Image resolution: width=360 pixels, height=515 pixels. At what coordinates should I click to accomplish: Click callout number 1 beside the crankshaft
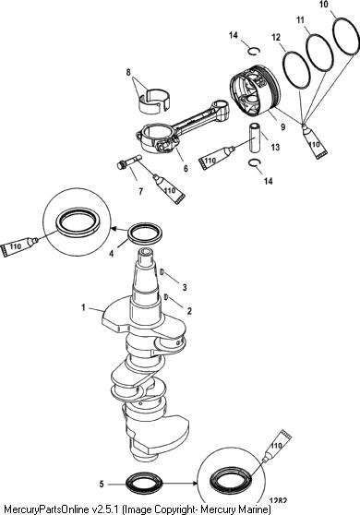[83, 307]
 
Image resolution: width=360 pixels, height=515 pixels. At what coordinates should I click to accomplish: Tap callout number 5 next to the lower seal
[102, 484]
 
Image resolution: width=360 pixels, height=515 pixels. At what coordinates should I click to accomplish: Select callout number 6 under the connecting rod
[186, 169]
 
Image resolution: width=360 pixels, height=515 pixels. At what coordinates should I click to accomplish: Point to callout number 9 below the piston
[282, 126]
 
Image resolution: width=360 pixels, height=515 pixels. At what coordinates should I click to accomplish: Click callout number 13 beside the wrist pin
[275, 147]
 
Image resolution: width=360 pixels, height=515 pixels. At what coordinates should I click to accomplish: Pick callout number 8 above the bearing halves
[128, 72]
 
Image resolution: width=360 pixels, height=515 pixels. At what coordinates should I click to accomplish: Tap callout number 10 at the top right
[324, 5]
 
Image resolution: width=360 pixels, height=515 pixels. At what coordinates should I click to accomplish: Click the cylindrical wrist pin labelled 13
[255, 138]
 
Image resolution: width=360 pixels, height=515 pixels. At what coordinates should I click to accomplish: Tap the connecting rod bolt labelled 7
[129, 162]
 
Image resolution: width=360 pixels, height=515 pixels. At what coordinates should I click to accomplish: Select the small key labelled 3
[162, 271]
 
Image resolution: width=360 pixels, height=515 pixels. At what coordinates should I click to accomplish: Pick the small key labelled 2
[166, 297]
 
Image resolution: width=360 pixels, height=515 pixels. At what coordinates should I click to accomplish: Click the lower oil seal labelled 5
[144, 484]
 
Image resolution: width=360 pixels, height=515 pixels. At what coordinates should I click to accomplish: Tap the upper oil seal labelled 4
[145, 233]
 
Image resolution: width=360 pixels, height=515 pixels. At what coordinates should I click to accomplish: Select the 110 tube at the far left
[19, 247]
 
